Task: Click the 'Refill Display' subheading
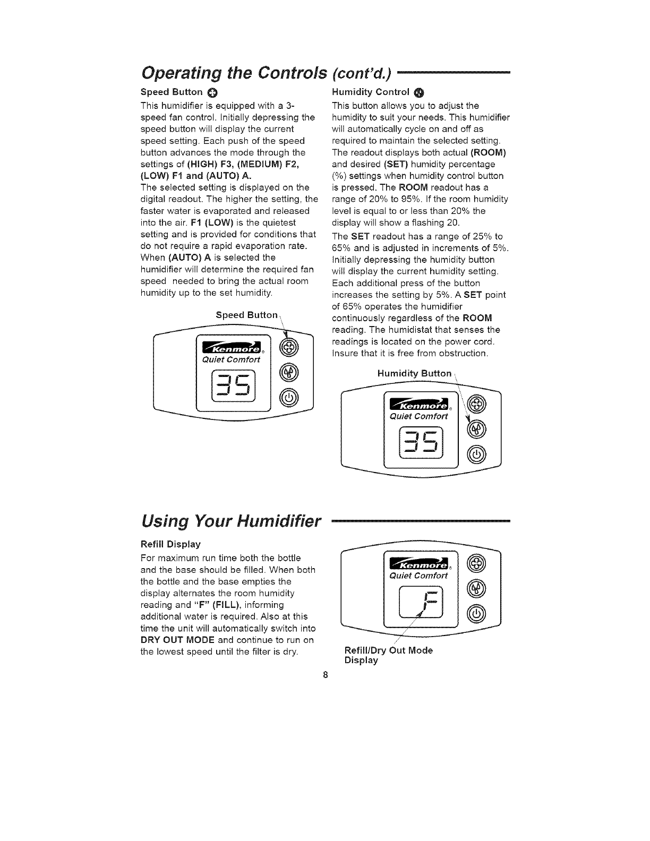point(170,544)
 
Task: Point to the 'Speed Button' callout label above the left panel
point(246,315)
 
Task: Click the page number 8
point(326,676)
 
